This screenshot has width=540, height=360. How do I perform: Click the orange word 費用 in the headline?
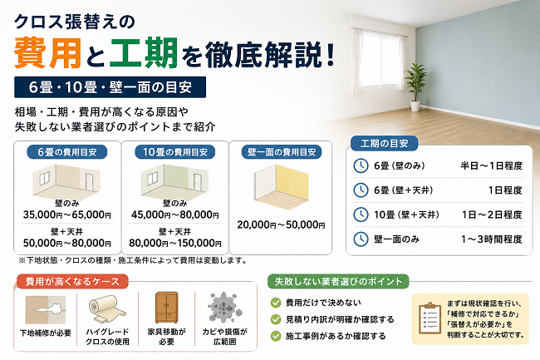pos(48,53)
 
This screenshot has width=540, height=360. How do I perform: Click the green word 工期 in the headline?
pos(144,53)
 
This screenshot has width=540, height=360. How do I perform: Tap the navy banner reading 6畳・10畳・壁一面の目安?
pos(110,87)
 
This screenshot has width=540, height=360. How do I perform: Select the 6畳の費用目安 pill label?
pos(67,152)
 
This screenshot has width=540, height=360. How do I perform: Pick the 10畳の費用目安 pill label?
pos(175,152)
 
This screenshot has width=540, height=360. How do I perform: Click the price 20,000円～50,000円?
pos(281,225)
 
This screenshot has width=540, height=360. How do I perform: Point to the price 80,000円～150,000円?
pos(175,244)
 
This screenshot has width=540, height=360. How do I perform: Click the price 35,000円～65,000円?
pos(67,215)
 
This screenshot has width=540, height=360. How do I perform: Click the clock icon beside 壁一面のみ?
pos(361,239)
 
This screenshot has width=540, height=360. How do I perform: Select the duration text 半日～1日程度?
pos(492,165)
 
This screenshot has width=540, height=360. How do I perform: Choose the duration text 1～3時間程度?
pos(492,239)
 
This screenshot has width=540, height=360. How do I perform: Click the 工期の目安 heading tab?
pos(384,144)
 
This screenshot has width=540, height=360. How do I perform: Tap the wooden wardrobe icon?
pos(167,308)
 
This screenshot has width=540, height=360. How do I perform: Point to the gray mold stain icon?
pos(224,308)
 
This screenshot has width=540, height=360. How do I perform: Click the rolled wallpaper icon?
pos(107,308)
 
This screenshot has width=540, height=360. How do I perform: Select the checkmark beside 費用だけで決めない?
pos(276,303)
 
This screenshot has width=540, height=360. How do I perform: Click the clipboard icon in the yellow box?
pos(430,318)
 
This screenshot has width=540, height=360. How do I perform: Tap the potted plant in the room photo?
pos(415,87)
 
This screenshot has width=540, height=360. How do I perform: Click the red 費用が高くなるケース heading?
pos(72,282)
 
